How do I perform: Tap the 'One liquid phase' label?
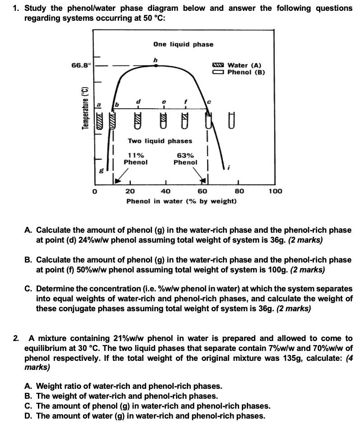pyautogui.click(x=183, y=44)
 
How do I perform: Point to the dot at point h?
pyautogui.click(x=156, y=65)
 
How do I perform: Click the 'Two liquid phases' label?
pyautogui.click(x=160, y=141)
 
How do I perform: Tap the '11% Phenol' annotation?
pyautogui.click(x=136, y=159)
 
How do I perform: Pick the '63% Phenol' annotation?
pyautogui.click(x=185, y=159)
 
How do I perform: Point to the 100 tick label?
pyautogui.click(x=275, y=191)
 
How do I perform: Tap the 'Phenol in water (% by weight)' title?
pyautogui.click(x=181, y=200)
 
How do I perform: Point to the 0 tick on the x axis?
pyautogui.click(x=95, y=191)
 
